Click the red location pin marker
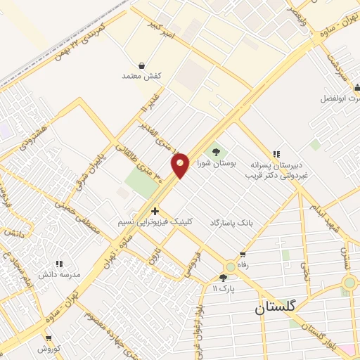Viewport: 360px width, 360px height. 181,165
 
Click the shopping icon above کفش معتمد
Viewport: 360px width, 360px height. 142,65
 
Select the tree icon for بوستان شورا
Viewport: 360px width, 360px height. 216,152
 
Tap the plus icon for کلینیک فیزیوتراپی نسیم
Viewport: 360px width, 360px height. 154,210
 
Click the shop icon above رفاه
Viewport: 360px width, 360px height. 243,255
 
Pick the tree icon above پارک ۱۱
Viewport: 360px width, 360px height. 224,278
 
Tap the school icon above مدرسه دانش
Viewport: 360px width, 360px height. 59,262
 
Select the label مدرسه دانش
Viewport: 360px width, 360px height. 60,274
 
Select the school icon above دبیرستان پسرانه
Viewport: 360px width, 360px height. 276,154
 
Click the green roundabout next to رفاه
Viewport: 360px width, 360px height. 231,266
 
